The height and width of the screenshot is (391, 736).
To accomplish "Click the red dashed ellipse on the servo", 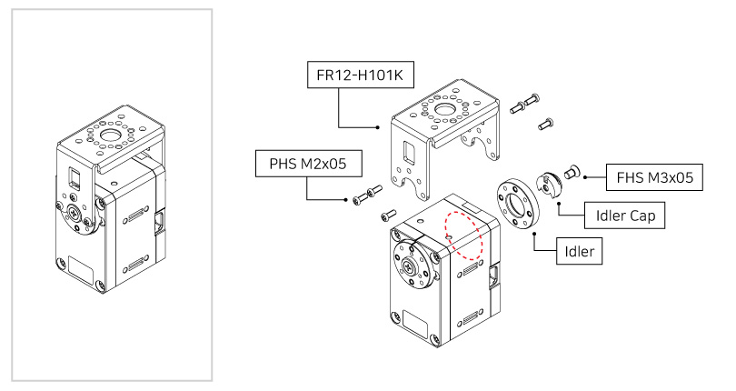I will tap(462, 236).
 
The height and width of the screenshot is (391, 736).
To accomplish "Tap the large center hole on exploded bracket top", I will tap(447, 113).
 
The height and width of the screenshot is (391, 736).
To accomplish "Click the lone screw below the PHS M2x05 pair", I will tap(385, 215).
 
